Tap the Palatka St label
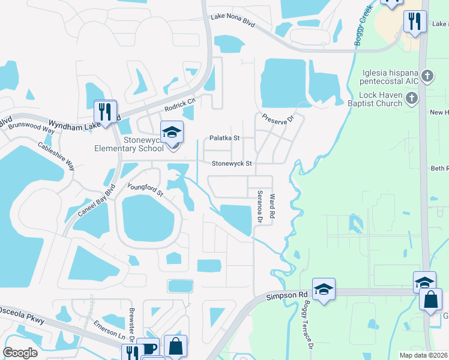coord(224,138)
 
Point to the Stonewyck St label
coord(231,163)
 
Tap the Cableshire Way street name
coord(56,156)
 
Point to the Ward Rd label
coord(272,205)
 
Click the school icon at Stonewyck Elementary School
coord(172,133)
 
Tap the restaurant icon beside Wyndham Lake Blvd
coord(105,111)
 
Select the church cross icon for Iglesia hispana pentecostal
coord(427,76)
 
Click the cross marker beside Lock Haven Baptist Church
coord(411,98)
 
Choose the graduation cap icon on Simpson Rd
coord(324,289)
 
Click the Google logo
coord(20,352)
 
